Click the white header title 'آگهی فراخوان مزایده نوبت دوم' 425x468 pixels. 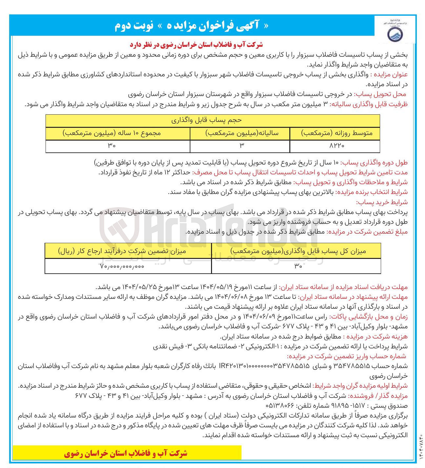(192, 26)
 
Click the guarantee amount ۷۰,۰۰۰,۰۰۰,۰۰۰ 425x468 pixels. (122, 266)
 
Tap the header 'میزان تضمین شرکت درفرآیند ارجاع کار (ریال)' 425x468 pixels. (122, 251)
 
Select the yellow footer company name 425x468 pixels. (126, 453)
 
